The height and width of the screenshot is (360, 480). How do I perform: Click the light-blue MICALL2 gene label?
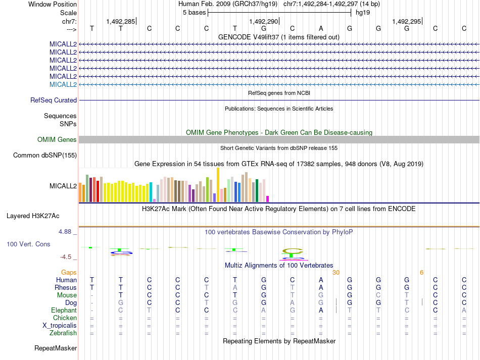63,84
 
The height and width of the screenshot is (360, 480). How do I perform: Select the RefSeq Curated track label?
54,100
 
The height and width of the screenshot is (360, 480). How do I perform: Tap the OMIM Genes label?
57,140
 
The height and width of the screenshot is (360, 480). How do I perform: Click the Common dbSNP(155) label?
45,156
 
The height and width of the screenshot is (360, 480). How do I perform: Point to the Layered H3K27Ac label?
33,216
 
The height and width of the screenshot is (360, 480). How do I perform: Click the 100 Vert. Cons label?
28,244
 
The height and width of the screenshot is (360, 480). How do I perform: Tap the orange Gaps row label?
69,272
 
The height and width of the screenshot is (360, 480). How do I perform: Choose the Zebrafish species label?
63,333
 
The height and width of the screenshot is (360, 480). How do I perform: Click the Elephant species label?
64,311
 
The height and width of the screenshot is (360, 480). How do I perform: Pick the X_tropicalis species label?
60,326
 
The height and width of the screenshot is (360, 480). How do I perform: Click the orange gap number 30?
336,273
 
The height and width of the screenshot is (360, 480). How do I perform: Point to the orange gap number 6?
421,273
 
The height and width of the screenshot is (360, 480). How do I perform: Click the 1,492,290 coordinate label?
264,21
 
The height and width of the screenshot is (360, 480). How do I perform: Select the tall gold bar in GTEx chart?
218,185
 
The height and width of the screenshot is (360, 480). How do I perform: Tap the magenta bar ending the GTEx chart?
268,199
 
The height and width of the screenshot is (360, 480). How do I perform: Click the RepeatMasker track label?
56,348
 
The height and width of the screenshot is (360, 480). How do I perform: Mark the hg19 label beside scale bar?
363,13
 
